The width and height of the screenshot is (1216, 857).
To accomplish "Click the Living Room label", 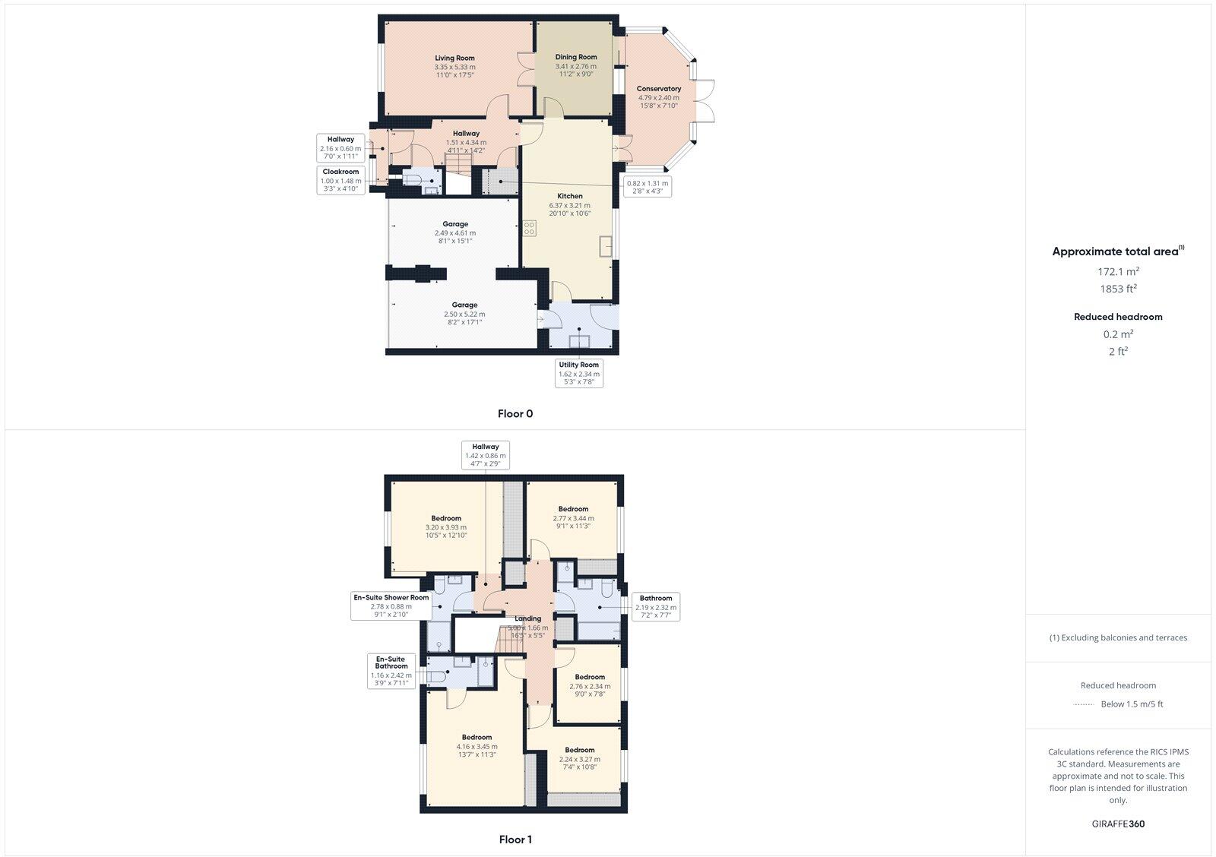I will coord(454,58).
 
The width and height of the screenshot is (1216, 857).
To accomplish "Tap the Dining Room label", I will coord(576,57).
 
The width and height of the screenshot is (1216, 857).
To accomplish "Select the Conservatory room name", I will coord(658,89).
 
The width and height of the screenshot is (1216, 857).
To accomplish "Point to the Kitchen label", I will coord(569,196).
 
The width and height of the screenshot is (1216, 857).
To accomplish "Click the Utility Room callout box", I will coord(579,373).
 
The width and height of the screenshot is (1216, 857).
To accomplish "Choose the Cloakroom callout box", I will coord(340,181).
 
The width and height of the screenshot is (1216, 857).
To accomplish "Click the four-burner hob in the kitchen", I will coord(529,228).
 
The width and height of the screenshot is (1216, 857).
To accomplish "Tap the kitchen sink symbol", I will coord(606,247).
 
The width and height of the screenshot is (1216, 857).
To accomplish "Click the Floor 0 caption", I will coord(515,414).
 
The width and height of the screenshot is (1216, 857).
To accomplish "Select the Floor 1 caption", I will coord(515,840).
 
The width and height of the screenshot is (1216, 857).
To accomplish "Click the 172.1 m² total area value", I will coord(1117,271).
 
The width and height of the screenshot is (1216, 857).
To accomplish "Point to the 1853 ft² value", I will coord(1117,289).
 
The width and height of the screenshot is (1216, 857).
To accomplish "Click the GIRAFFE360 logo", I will coord(1117,824).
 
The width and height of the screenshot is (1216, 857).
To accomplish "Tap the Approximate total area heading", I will coord(1116,251).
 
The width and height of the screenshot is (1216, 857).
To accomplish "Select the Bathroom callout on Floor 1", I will coord(655,607).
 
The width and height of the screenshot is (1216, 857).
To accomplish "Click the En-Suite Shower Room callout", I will coord(391,606).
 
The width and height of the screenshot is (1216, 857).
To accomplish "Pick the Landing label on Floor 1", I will coord(527,618).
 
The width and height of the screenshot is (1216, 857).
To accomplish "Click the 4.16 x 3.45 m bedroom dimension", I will coord(477,747).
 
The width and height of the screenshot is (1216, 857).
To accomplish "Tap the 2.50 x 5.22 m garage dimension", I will coord(464,314).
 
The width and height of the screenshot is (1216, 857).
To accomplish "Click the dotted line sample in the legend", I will coord(1083,704).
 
